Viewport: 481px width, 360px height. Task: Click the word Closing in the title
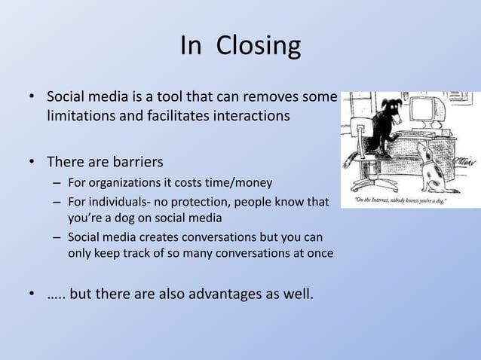click(259, 47)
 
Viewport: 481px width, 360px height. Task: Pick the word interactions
click(251, 117)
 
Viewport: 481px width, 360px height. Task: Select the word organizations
click(125, 183)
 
